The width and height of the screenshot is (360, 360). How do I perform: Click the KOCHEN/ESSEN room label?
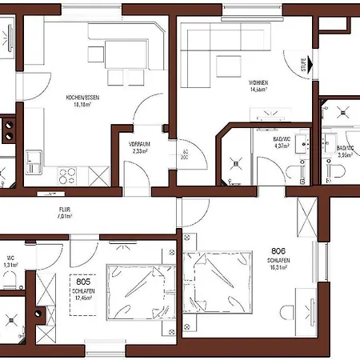(82, 98)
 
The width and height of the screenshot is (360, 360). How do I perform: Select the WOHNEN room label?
(258, 82)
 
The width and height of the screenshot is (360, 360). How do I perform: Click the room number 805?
(82, 282)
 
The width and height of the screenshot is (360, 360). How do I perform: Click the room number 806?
(278, 249)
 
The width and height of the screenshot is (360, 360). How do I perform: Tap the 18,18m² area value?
(82, 104)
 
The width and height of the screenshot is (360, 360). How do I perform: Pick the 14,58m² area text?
(258, 90)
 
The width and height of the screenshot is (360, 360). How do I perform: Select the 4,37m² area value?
(282, 147)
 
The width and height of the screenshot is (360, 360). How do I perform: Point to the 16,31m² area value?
(278, 268)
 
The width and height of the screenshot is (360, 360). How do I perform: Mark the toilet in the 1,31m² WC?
(10, 278)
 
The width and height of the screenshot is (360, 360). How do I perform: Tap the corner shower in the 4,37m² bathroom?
(236, 164)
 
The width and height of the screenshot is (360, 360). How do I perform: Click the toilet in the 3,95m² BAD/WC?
(334, 170)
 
